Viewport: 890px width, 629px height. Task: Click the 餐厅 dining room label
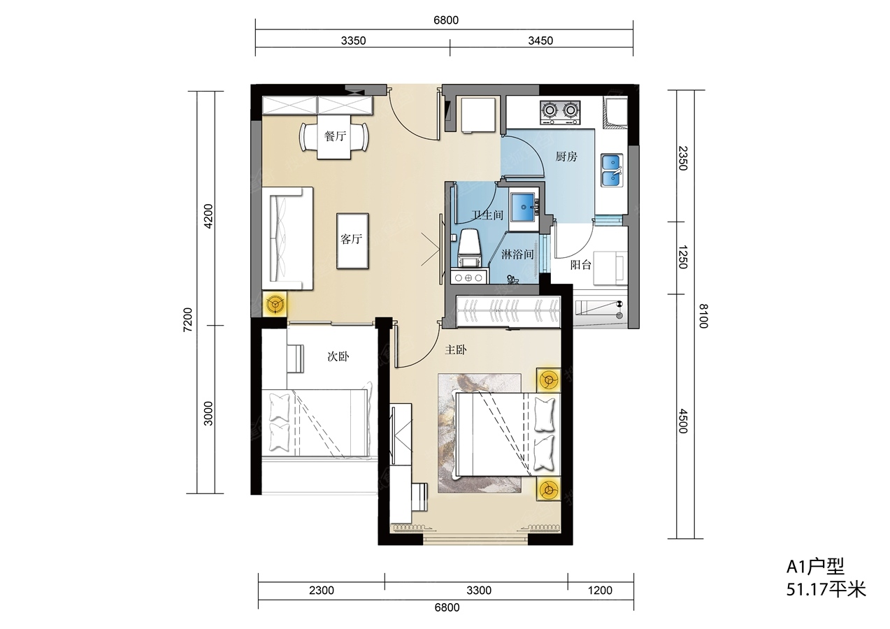click(x=335, y=136)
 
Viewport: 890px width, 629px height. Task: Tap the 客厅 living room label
click(x=351, y=239)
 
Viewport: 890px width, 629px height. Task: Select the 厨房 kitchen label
click(x=566, y=157)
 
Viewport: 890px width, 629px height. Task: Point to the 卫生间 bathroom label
click(x=487, y=215)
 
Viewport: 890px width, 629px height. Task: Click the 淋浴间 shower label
click(x=517, y=254)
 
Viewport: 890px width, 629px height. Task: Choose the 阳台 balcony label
click(x=581, y=265)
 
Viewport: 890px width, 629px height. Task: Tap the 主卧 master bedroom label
click(x=456, y=350)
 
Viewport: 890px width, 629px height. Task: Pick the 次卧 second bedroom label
click(x=338, y=356)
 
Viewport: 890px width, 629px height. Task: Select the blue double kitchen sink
click(x=612, y=171)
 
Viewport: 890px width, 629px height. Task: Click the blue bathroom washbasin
click(x=524, y=206)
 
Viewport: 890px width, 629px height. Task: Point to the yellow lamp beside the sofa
click(x=275, y=305)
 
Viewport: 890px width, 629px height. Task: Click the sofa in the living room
click(x=287, y=238)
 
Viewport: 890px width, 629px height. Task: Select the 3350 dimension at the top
click(x=353, y=41)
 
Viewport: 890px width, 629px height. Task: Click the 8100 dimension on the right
click(x=703, y=316)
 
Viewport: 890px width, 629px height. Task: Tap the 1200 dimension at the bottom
click(x=601, y=591)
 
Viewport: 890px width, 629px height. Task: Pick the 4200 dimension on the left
click(x=208, y=216)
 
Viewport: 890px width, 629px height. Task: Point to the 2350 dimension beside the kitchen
click(x=682, y=158)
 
